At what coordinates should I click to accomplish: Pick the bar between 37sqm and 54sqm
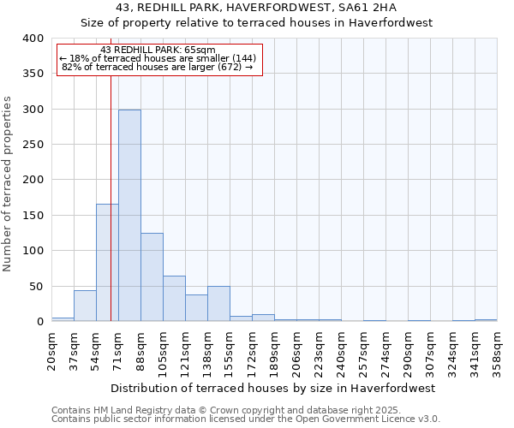click(x=85, y=306)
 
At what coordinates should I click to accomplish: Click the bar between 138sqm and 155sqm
click(x=218, y=304)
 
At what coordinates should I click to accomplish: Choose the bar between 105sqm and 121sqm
click(x=174, y=299)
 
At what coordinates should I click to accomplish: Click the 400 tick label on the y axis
click(x=33, y=39)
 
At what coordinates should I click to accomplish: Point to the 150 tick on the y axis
click(x=33, y=216)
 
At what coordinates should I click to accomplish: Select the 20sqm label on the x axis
click(x=52, y=351)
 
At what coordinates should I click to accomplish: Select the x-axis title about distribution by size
click(x=274, y=388)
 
